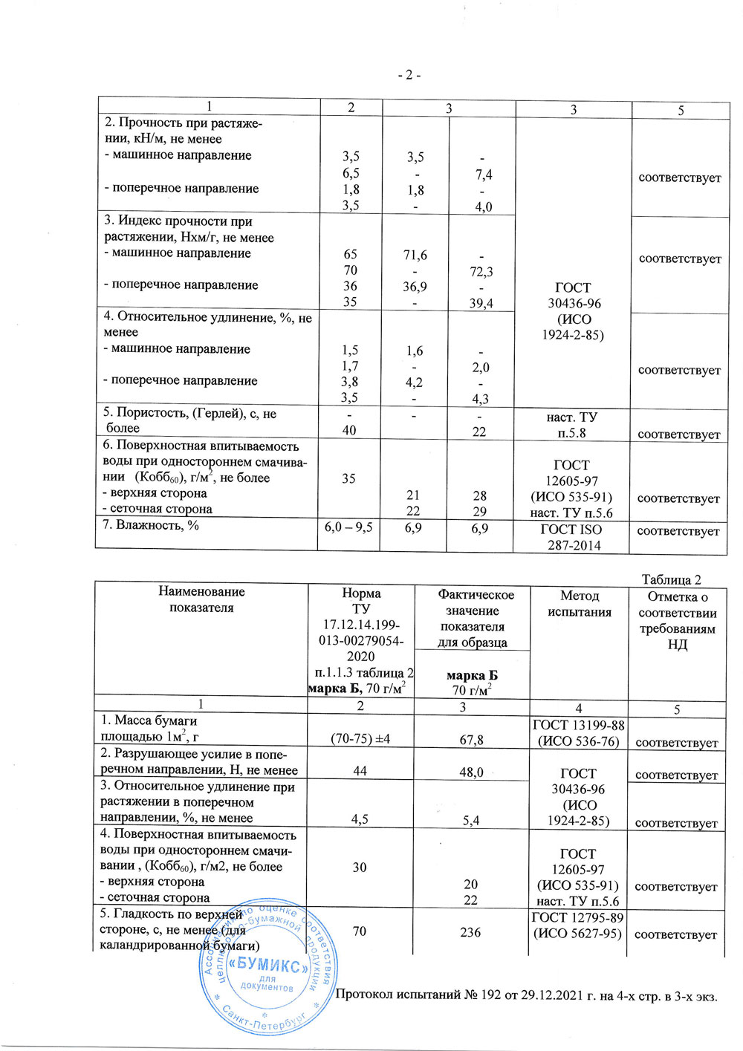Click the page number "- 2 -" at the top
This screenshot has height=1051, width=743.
409,76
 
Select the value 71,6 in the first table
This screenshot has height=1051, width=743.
415,256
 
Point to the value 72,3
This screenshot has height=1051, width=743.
481,272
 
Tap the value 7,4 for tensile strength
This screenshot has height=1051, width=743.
484,175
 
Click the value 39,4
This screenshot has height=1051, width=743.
481,303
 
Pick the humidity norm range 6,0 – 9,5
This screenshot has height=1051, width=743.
348,527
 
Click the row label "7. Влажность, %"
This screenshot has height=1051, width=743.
152,526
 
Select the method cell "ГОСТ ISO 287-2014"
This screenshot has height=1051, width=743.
571,537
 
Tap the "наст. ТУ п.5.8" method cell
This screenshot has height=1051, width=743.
571,425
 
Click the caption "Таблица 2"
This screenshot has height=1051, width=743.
671,580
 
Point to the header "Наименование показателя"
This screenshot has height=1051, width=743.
201,599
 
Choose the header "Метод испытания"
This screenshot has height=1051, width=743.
580,604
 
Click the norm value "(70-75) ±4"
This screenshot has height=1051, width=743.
360,739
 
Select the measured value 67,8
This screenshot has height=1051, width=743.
471,740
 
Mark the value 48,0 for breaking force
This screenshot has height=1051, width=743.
471,772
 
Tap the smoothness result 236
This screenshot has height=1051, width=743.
470,932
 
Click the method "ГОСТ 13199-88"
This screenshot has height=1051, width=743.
578,726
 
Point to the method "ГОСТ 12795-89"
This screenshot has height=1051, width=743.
577,918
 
